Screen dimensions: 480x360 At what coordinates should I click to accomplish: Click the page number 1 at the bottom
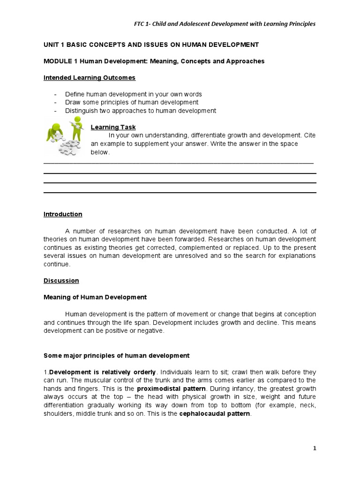(x=315, y=448)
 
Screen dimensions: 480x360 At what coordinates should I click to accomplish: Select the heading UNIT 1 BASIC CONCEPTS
(x=151, y=45)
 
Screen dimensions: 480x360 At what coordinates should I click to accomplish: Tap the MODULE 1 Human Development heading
(x=154, y=61)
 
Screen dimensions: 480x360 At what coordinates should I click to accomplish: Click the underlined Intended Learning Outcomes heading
(x=90, y=77)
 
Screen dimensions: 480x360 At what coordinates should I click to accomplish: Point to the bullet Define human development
(x=133, y=94)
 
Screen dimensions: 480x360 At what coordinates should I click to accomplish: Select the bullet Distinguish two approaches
(x=140, y=111)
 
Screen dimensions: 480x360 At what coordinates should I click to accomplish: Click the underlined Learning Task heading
(x=113, y=127)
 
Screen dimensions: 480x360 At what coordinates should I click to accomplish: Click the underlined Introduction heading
(x=63, y=214)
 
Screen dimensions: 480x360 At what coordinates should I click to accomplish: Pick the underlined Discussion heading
(x=61, y=281)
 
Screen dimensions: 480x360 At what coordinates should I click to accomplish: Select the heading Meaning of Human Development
(x=95, y=297)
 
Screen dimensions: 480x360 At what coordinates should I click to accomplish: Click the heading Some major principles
(x=116, y=355)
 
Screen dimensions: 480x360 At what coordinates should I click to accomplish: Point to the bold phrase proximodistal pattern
(x=171, y=389)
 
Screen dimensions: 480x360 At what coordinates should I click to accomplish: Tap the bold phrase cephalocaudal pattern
(x=215, y=414)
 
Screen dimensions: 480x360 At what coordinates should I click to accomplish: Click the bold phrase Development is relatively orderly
(x=102, y=372)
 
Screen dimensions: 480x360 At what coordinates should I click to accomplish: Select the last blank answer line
(x=180, y=193)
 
